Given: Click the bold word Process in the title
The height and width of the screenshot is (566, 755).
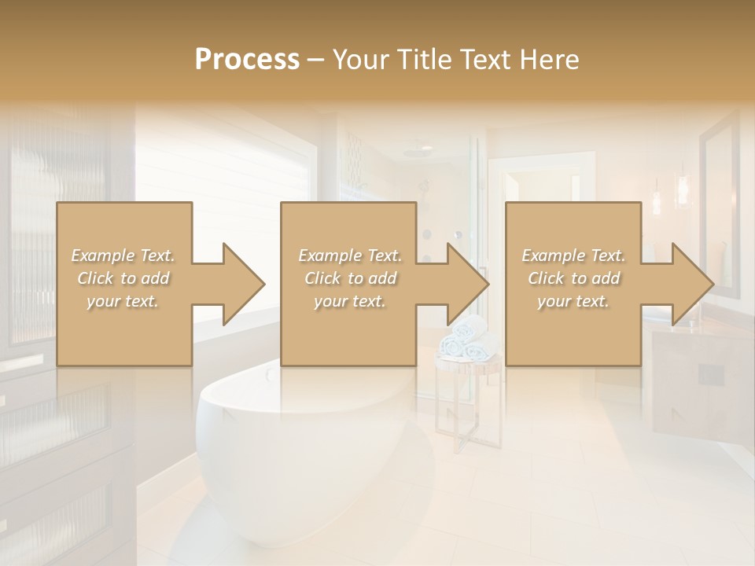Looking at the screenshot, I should click(x=247, y=60).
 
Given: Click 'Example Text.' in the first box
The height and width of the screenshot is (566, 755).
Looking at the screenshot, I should click(x=123, y=255).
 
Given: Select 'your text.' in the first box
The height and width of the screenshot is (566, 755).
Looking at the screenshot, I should click(x=123, y=301).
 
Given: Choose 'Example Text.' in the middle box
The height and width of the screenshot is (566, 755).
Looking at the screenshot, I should click(x=350, y=255).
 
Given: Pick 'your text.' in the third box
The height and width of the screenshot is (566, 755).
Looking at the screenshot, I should click(x=573, y=301).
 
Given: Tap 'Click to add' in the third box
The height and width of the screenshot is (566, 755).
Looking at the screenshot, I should click(x=573, y=278).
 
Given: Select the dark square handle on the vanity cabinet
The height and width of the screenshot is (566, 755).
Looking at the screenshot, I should click(x=711, y=374).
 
